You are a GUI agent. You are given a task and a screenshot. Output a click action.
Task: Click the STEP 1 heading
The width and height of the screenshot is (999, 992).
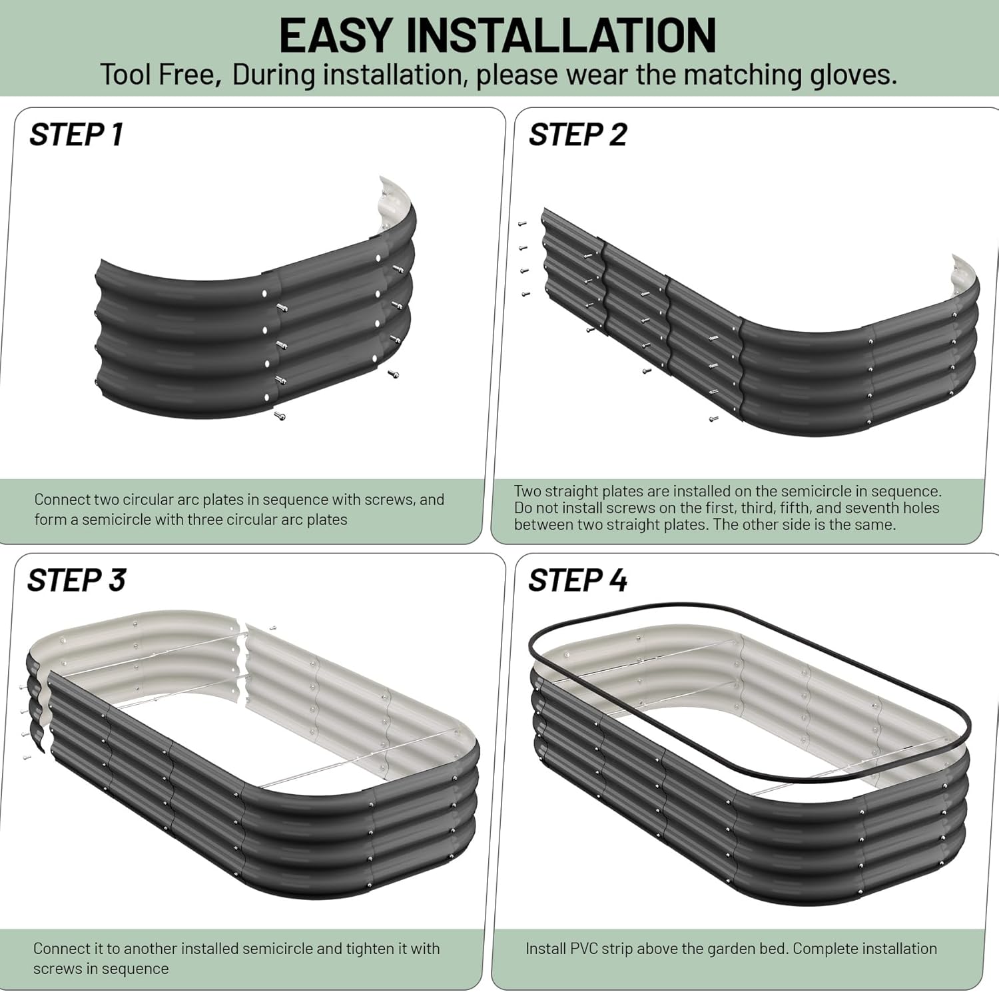click(x=76, y=135)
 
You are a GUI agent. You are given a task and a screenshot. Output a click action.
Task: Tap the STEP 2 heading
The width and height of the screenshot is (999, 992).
click(x=577, y=135)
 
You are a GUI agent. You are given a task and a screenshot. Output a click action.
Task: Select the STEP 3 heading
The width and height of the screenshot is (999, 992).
click(x=76, y=580)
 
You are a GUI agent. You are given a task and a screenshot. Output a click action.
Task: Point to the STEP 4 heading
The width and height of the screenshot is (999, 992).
click(x=577, y=580)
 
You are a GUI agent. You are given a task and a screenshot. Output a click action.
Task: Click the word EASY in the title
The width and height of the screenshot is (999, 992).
click(x=337, y=35)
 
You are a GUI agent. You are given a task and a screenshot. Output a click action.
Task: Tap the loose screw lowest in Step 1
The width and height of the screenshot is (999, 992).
click(x=280, y=416)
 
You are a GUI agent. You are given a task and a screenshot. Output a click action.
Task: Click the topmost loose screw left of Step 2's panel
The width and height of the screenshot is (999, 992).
click(x=522, y=224)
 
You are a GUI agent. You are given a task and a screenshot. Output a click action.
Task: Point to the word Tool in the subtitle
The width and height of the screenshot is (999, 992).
click(x=127, y=75)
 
